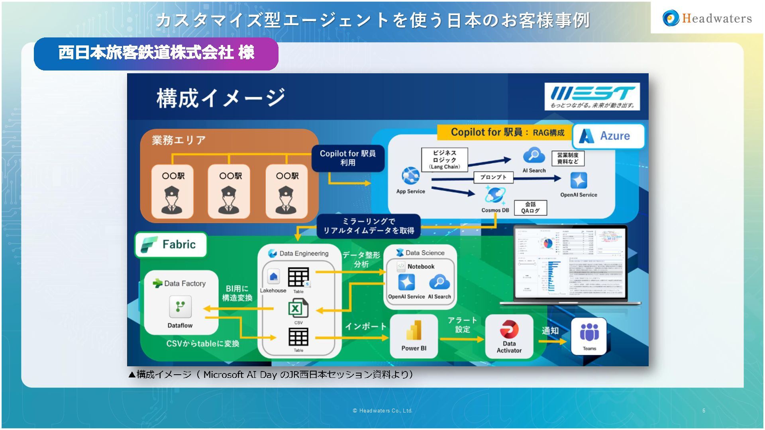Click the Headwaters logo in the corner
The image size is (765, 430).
coord(707,18)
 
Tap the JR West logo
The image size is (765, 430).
coord(592,96)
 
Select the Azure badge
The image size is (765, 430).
coord(608,136)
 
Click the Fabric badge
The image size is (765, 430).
coord(171,244)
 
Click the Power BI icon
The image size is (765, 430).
coord(414,330)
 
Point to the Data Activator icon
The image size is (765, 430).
coord(509,329)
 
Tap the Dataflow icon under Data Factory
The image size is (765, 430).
coord(180,307)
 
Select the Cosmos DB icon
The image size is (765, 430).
coord(495,195)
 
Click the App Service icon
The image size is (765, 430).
coord(410,176)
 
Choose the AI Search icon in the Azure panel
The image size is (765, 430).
coord(534,155)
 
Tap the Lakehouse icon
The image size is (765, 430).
coord(273,277)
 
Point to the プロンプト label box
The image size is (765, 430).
coord(493,177)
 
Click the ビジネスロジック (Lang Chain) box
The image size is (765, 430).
coord(444,160)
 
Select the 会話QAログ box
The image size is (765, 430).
coord(530,207)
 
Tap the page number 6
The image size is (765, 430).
coord(704,410)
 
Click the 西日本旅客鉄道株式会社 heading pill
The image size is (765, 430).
coord(156,53)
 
